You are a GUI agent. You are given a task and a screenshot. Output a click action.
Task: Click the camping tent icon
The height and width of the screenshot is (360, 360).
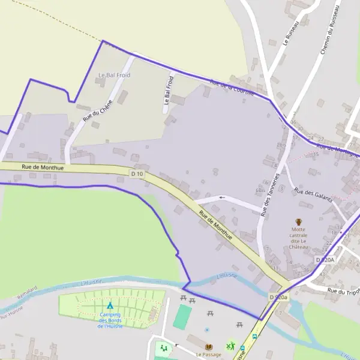(x=110, y=305)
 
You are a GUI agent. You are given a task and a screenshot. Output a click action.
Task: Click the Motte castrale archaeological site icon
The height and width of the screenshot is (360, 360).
(x=299, y=222)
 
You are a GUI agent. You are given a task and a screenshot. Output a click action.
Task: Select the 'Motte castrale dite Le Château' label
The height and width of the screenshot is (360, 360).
(x=299, y=238)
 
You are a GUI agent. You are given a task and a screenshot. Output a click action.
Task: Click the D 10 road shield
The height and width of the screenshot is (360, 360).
(x=137, y=174)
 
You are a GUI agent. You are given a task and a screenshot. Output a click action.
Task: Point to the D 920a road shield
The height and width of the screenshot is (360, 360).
(x=278, y=297)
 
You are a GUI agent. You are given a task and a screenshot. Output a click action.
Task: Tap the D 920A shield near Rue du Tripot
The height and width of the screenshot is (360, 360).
(x=324, y=259)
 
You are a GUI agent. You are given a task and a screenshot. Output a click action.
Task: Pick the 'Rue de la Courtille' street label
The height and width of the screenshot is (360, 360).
(x=232, y=88)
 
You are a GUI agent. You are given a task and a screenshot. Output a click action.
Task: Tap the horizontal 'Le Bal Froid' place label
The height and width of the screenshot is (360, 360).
(x=114, y=75)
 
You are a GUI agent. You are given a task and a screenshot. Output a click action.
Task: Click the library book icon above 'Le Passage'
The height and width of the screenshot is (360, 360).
(x=209, y=347)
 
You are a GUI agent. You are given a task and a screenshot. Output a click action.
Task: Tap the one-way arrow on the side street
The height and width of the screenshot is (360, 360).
(x=222, y=197)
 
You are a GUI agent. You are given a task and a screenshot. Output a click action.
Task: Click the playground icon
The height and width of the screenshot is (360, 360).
(x=163, y=348)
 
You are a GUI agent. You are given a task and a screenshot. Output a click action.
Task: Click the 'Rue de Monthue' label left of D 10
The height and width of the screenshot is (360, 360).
(x=43, y=168)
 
